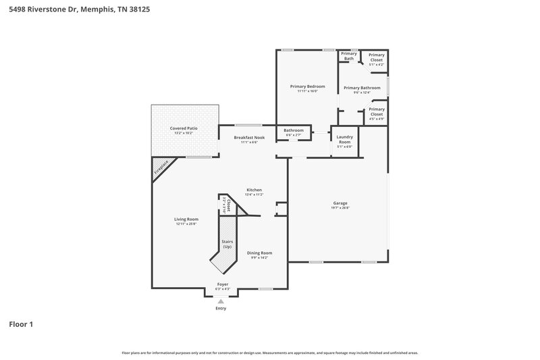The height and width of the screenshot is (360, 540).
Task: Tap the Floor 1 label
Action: coord(21,325)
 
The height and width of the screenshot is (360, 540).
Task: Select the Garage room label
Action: coord(340,203)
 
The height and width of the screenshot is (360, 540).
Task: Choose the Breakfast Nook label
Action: coord(250,138)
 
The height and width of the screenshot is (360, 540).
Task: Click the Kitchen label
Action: coord(254,190)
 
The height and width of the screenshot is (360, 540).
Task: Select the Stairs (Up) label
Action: coord(227,244)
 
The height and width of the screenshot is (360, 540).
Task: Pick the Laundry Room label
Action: coord(344,142)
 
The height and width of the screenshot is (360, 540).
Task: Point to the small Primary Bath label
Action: coord(348,56)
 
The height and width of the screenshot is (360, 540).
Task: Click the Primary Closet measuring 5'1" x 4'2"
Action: coord(376,57)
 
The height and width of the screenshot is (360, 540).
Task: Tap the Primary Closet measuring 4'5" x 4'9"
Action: coord(376,111)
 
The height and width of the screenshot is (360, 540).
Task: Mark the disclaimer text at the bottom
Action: coord(270,353)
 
